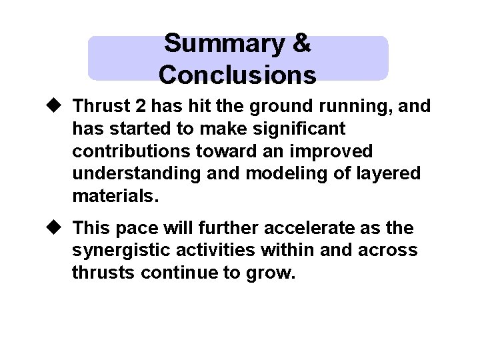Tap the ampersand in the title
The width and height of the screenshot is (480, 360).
301,43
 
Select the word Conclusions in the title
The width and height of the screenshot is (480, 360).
237,75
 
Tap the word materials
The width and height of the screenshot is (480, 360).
115,196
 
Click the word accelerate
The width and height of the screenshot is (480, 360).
315,228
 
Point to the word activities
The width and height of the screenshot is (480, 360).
218,251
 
